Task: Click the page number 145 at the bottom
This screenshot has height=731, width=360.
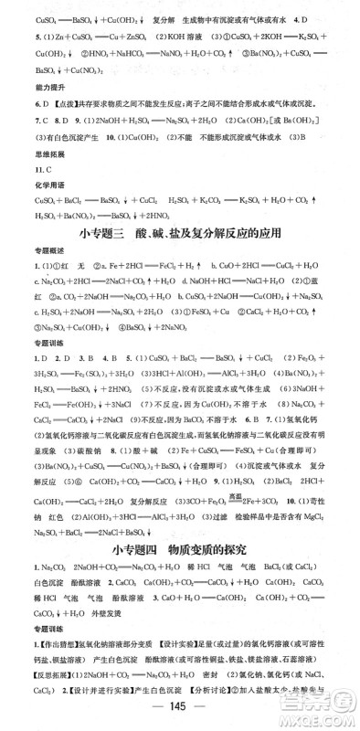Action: point(179,712)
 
